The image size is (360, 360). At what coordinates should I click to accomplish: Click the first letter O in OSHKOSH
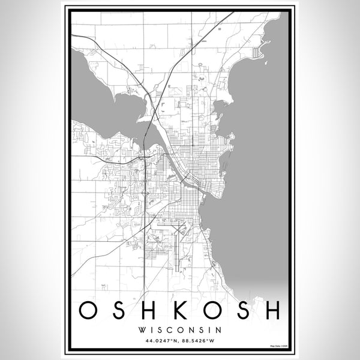pos(89,310)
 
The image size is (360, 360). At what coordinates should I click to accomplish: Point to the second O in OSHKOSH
pos(211,310)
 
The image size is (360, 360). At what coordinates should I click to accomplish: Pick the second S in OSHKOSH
pos(242,310)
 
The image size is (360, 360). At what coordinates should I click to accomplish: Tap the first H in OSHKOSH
pos(150,310)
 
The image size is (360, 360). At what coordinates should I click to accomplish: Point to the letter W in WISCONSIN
pos(140,329)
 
